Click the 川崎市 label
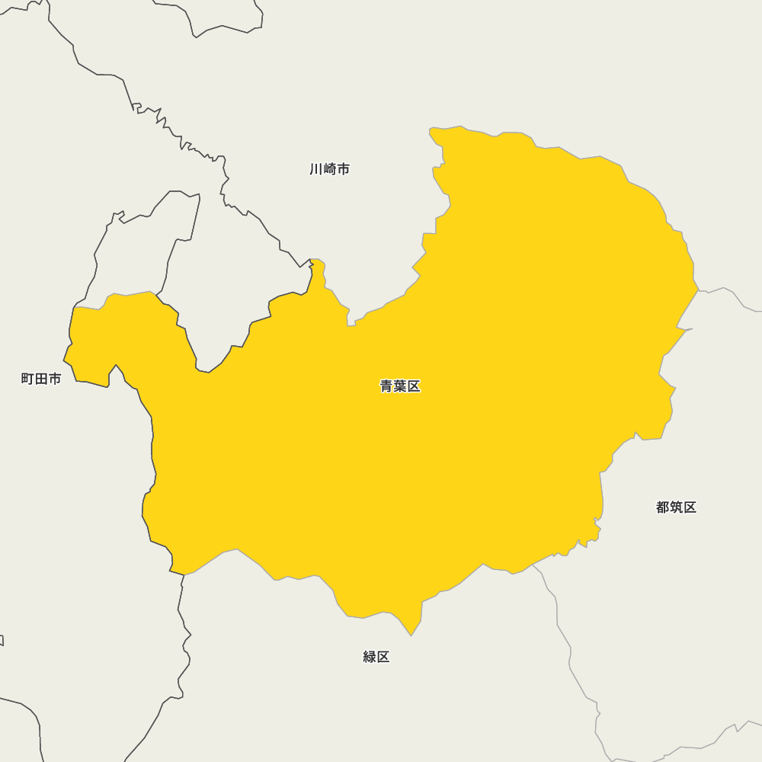[x=330, y=169]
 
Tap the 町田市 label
[x=41, y=379]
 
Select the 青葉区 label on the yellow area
[x=400, y=386]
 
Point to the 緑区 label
[x=376, y=657]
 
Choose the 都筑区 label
[x=676, y=507]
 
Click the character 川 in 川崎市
[x=316, y=169]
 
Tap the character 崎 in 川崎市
[x=330, y=169]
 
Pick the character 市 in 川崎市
[x=344, y=169]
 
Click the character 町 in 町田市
[x=27, y=379]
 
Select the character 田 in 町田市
[x=41, y=379]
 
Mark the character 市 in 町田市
[x=55, y=379]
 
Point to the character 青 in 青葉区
[x=386, y=386]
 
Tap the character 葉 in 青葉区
[x=400, y=386]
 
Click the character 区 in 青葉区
[x=414, y=386]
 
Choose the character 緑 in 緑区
[x=370, y=657]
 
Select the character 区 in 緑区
[x=383, y=657]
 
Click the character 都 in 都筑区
[x=662, y=507]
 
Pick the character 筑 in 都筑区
[x=676, y=507]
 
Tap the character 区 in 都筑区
[x=690, y=507]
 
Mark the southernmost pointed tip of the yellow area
[x=411, y=635]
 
